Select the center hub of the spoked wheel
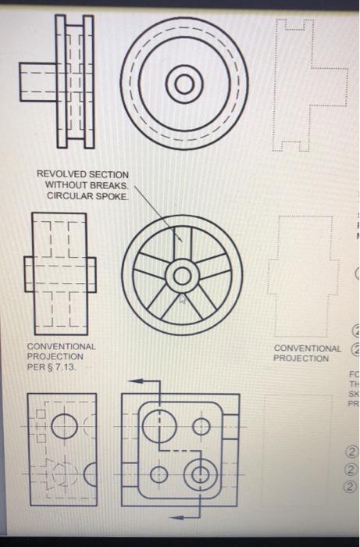click(182, 274)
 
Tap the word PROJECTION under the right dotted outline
click(301, 358)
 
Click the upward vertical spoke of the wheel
click(182, 243)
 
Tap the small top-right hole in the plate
click(201, 426)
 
